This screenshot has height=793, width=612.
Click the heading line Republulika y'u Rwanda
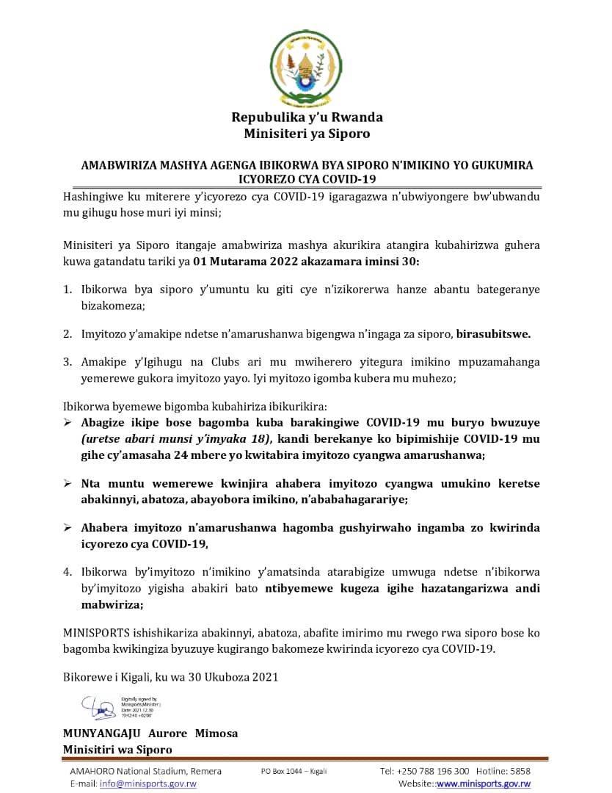pyautogui.click(x=307, y=117)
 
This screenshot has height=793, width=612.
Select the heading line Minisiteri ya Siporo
pyautogui.click(x=307, y=134)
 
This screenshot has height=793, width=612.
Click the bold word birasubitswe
pyautogui.click(x=493, y=334)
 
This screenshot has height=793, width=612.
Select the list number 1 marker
pyautogui.click(x=67, y=289)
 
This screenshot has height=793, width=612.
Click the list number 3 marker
pyautogui.click(x=67, y=361)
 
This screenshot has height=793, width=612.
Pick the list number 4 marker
pyautogui.click(x=67, y=570)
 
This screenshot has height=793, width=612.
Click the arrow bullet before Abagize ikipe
pyautogui.click(x=68, y=423)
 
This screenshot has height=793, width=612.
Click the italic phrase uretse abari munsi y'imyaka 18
pyautogui.click(x=176, y=439)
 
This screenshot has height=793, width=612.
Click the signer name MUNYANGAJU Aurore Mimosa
pyautogui.click(x=150, y=734)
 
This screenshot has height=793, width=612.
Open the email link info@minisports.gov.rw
pyautogui.click(x=147, y=783)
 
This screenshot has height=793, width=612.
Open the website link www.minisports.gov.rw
pyautogui.click(x=484, y=783)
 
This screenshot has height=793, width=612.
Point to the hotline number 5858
pyautogui.click(x=520, y=771)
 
